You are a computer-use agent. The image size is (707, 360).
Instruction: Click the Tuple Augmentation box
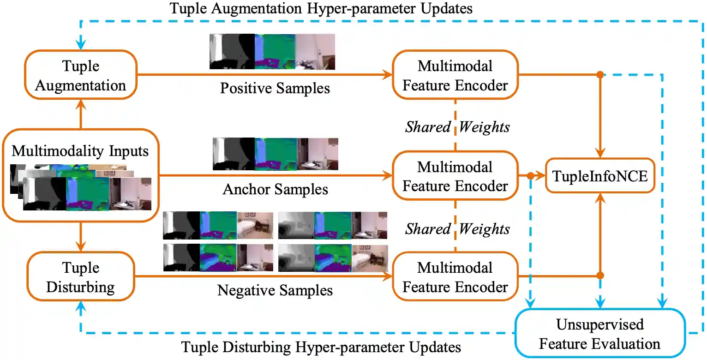(x=81, y=75)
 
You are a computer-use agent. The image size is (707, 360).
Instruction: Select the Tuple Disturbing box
(x=81, y=277)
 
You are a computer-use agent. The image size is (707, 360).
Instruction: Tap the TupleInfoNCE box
(x=600, y=176)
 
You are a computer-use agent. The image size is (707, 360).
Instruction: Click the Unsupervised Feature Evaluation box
(x=599, y=334)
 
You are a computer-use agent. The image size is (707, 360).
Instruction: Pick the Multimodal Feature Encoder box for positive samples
(x=455, y=75)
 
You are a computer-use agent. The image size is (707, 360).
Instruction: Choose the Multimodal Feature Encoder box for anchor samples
(x=455, y=176)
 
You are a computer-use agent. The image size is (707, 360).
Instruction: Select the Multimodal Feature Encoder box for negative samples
(x=455, y=277)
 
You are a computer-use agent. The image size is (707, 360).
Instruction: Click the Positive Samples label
(x=275, y=88)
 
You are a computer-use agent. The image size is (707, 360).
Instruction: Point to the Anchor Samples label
(x=276, y=189)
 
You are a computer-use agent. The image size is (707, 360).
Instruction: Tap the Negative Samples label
(x=275, y=290)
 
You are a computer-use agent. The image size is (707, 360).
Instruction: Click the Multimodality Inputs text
(x=80, y=151)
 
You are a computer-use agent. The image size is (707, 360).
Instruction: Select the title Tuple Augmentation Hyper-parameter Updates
(x=321, y=8)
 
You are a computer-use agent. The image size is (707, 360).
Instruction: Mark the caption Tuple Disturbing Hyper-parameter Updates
(x=321, y=347)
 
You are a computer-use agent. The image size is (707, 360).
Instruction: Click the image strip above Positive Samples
(x=272, y=51)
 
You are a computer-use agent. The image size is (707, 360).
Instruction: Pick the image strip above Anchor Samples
(x=275, y=154)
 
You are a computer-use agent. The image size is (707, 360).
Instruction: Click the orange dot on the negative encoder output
(x=600, y=276)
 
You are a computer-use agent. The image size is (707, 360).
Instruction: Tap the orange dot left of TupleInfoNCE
(x=531, y=176)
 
